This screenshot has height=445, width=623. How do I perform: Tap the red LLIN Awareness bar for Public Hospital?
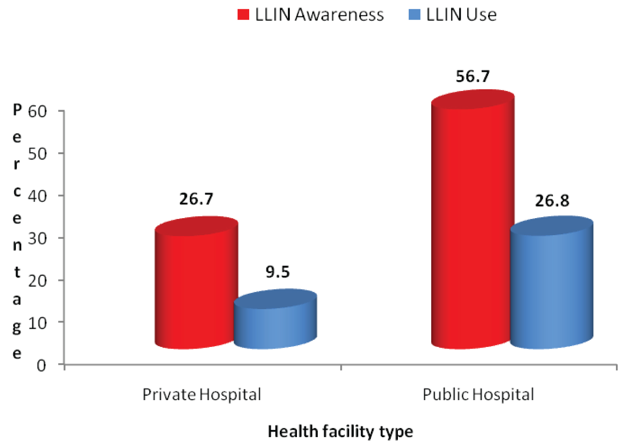(473, 224)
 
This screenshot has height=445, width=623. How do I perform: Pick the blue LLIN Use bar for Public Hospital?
(552, 287)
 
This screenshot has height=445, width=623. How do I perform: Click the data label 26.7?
(196, 199)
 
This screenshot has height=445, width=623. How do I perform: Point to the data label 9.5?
(277, 272)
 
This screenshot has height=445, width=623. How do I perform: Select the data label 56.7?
(473, 76)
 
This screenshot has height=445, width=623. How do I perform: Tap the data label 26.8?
(552, 201)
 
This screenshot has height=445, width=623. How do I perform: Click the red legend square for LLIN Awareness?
(243, 15)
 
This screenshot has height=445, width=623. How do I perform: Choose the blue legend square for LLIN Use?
(415, 15)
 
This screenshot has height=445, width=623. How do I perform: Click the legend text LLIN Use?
(461, 15)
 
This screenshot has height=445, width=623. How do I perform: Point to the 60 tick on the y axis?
(37, 111)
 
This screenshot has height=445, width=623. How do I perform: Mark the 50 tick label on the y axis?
(37, 154)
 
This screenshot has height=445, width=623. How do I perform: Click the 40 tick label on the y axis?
(37, 196)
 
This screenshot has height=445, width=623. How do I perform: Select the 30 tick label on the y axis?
(37, 238)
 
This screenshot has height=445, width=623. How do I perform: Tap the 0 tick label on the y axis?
(42, 366)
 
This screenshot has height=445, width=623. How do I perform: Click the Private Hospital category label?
(202, 394)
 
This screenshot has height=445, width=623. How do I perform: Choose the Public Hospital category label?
(478, 394)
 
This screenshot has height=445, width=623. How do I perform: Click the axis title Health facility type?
(341, 431)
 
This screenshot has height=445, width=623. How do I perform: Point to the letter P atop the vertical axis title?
(17, 110)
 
